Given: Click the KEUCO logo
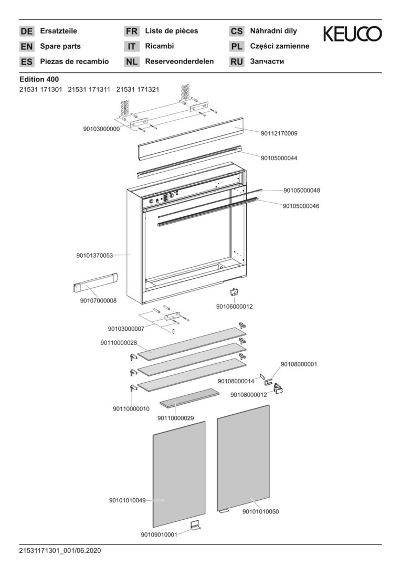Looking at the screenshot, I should [352, 35].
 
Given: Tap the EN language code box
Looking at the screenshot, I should [26, 46].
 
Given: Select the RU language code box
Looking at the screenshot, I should [237, 61].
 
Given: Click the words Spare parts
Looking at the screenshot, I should [60, 46].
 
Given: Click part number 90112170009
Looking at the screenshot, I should [279, 133].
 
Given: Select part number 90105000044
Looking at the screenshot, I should [279, 157].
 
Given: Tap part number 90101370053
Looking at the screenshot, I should [94, 256].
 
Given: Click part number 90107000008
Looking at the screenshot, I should [98, 300].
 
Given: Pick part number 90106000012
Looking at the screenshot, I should [235, 306].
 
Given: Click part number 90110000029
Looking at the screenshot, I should [176, 418].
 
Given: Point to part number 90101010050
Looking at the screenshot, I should [260, 511].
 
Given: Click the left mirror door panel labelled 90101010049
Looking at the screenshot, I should [178, 472].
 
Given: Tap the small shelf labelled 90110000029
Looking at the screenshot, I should [189, 397].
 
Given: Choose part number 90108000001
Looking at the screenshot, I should [299, 364].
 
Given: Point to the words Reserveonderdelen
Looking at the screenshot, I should [180, 61].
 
